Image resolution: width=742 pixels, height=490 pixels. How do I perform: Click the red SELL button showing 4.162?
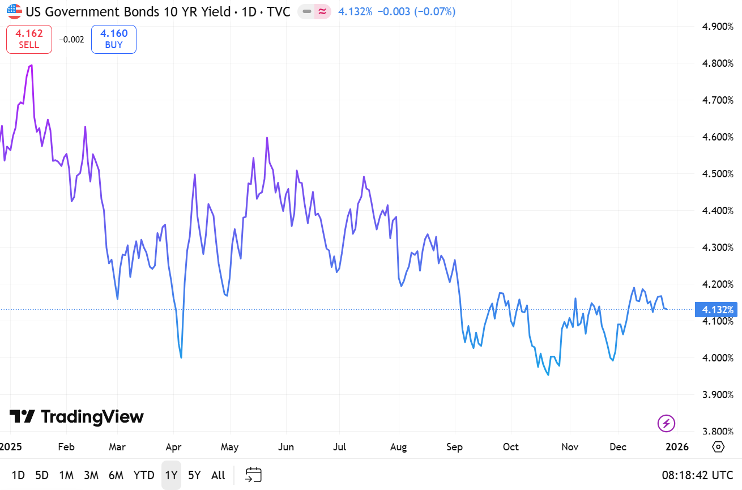click(x=29, y=39)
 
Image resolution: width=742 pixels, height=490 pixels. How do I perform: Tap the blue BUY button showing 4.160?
click(x=114, y=39)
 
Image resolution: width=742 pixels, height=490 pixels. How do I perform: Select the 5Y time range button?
click(x=194, y=475)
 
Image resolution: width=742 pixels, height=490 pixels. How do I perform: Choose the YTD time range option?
click(x=144, y=475)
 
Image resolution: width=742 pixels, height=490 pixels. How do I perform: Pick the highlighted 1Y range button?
click(x=171, y=475)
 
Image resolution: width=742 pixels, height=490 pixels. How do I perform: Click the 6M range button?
click(x=116, y=475)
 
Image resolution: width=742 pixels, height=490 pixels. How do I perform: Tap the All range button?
click(x=218, y=475)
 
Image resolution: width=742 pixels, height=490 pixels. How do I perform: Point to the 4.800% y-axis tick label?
click(x=718, y=63)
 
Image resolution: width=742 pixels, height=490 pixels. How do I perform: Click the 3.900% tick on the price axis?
click(x=718, y=395)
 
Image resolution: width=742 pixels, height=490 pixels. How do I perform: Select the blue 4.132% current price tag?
click(x=718, y=310)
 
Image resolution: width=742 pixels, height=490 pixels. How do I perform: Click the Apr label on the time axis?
click(x=173, y=447)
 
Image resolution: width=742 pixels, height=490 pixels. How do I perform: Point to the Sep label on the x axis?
click(x=454, y=447)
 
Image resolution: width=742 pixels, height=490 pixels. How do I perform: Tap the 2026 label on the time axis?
click(x=677, y=447)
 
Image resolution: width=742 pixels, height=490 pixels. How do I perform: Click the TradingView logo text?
click(x=77, y=417)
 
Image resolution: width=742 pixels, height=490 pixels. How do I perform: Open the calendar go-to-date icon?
click(x=253, y=475)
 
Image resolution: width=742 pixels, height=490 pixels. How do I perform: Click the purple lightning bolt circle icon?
click(x=666, y=423)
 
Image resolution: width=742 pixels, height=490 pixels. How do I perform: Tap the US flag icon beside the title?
click(x=14, y=11)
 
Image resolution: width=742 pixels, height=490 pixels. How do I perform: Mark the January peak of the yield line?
click(x=31, y=65)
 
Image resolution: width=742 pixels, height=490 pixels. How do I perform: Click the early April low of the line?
click(x=181, y=357)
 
